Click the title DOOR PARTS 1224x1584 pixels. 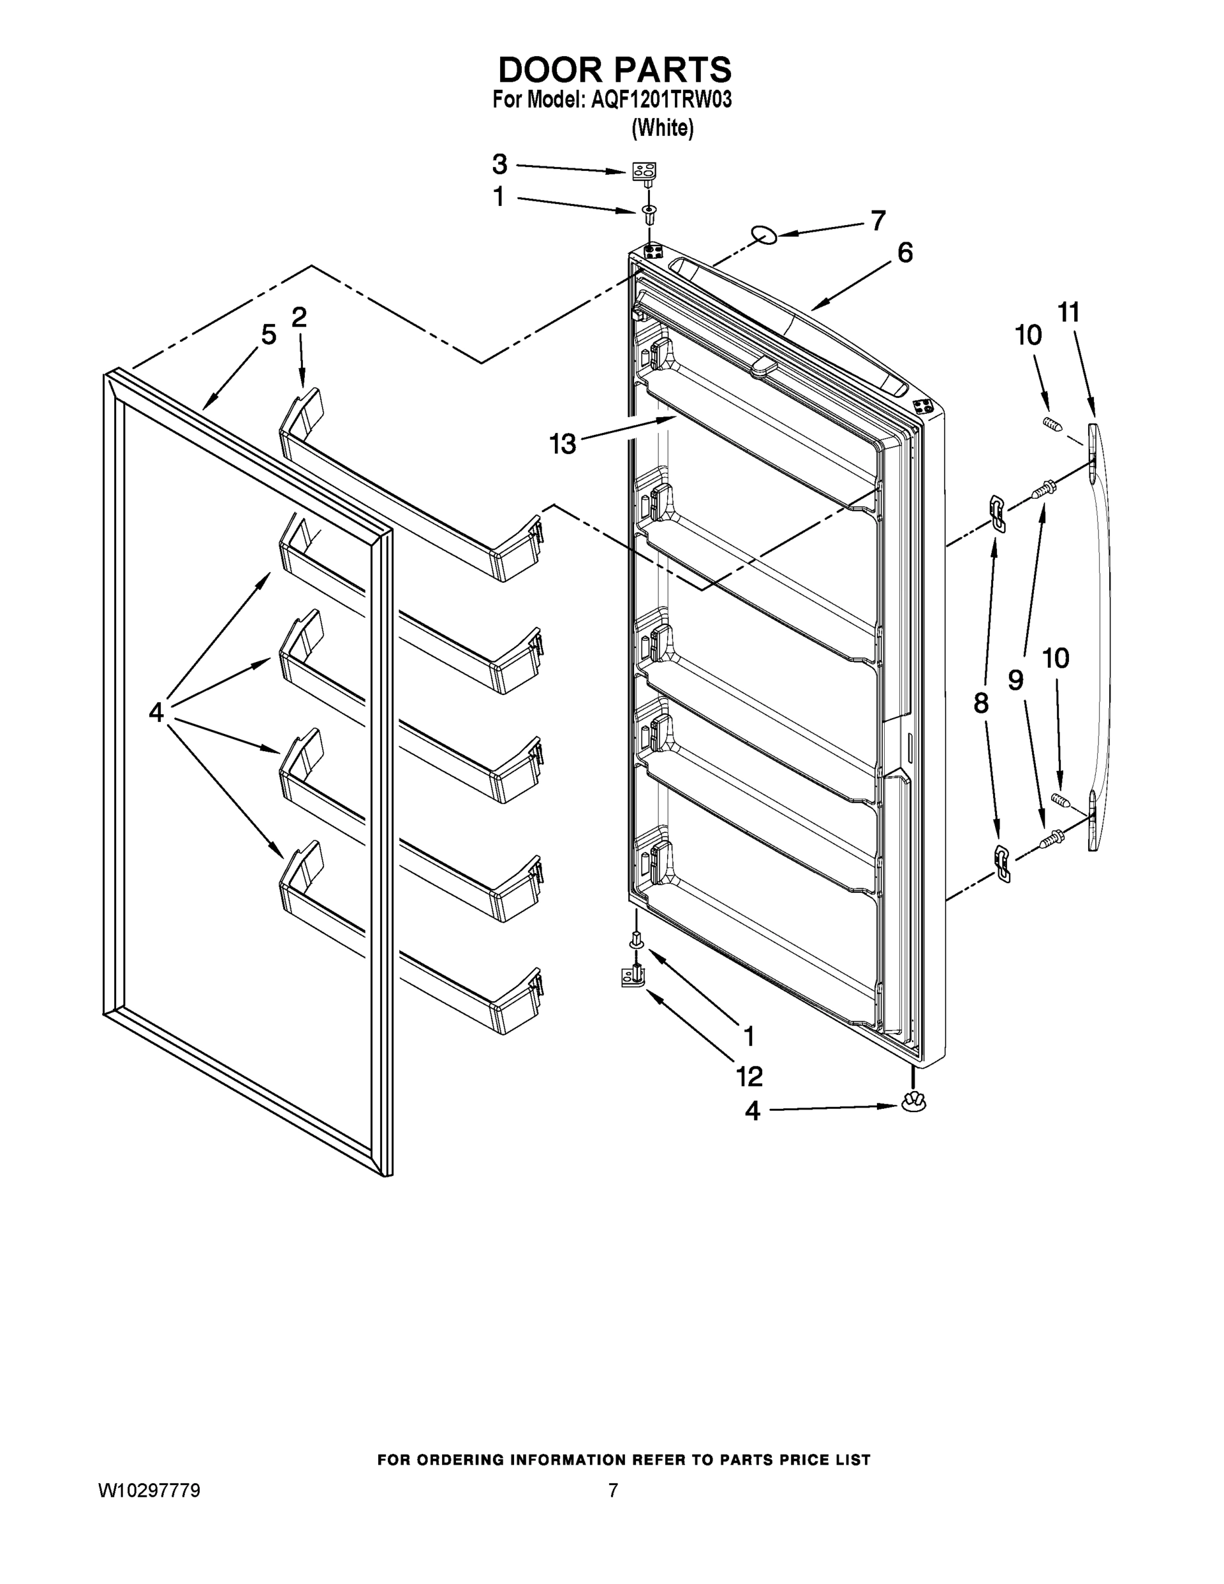point(614,71)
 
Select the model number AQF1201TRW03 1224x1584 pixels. point(660,100)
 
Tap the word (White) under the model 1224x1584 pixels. point(662,129)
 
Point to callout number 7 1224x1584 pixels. point(878,220)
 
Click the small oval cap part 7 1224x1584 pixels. point(763,234)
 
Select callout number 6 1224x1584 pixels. point(905,253)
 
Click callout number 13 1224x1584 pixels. point(562,443)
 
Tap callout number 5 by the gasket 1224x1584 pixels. point(269,335)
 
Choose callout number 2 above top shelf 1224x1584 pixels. point(299,317)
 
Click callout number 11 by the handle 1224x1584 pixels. point(1068,313)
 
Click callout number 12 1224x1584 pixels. point(750,1076)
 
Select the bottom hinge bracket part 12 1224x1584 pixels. point(633,976)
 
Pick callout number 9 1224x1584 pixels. point(1016,680)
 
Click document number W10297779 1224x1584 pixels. point(149,1491)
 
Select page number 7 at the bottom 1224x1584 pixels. point(613,1491)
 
